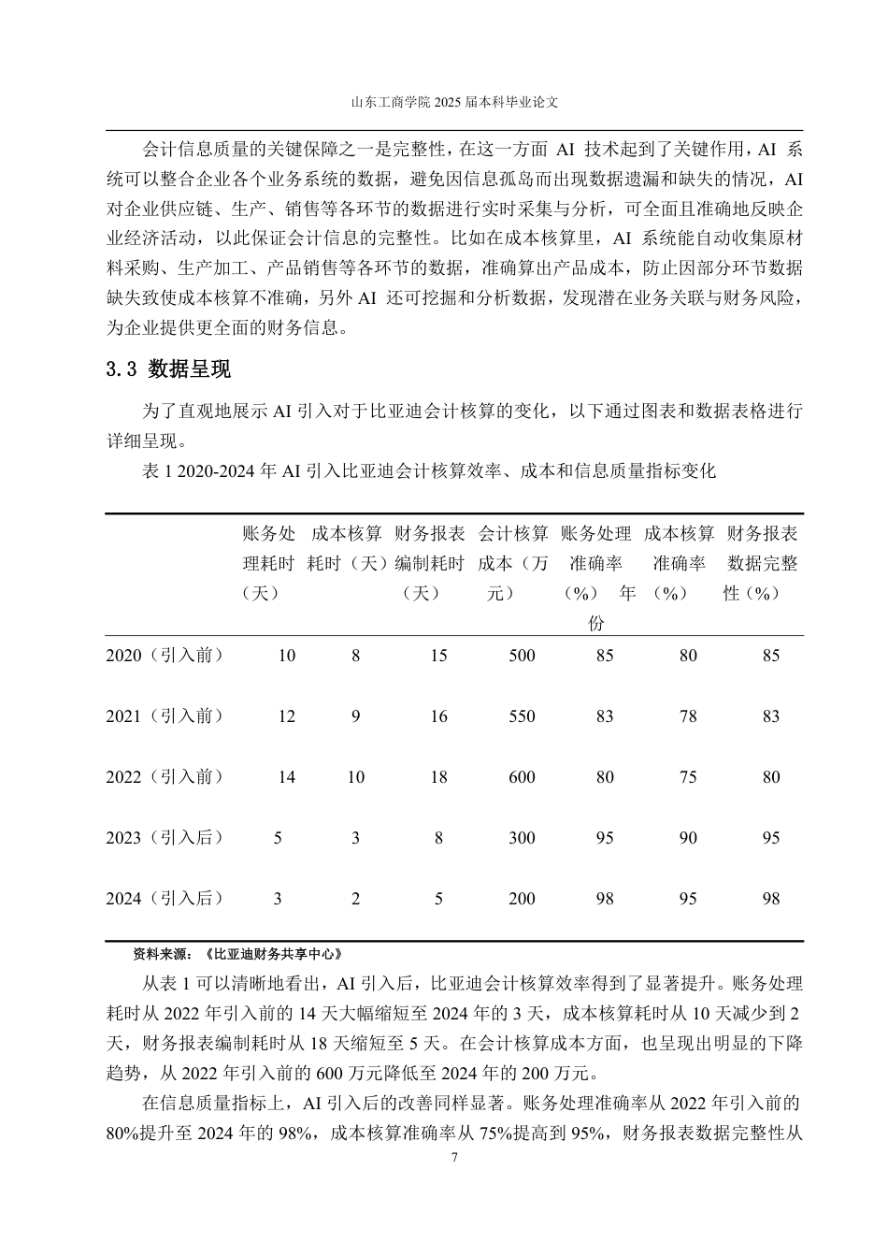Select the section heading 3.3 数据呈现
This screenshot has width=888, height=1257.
169,369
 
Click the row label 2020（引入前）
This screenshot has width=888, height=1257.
165,656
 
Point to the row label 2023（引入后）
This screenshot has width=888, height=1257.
165,838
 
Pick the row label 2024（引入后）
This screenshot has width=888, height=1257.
165,899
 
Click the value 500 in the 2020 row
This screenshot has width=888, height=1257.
522,656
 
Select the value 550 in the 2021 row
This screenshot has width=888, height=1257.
522,716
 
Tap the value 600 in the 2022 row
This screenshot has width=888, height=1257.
522,777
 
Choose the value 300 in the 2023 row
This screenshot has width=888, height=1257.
522,838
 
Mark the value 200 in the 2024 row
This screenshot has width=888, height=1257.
522,899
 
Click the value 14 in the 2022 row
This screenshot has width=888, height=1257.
286,777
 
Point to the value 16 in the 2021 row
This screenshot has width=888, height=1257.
438,716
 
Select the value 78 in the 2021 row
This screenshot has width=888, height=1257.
688,716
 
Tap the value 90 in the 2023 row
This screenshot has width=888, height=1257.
688,838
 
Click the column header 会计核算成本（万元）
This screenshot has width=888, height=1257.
513,563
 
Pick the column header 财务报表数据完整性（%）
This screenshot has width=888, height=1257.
762,563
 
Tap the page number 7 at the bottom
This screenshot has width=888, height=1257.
454,1158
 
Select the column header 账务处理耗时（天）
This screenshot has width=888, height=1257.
268,563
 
